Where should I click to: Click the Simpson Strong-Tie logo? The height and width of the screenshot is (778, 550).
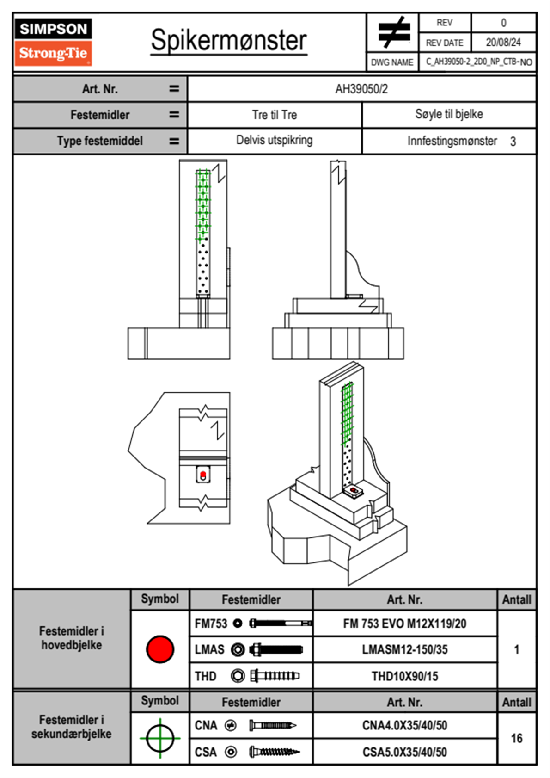tap(53, 42)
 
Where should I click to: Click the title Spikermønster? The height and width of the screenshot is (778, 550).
tap(228, 40)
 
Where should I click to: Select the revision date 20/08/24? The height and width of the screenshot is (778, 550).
tap(503, 43)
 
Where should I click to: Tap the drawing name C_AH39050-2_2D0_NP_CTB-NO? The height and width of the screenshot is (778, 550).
tap(478, 62)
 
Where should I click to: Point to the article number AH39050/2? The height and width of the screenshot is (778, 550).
tap(361, 89)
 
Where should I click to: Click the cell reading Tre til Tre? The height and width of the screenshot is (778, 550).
tap(275, 115)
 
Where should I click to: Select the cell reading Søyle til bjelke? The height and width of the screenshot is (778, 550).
tap(449, 114)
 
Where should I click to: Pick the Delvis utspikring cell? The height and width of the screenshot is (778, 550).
tap(275, 140)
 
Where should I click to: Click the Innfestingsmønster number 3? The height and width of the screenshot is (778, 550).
tap(513, 142)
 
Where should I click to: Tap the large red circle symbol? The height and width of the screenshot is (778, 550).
tap(160, 649)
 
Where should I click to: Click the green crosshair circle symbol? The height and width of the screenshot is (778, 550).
tap(160, 738)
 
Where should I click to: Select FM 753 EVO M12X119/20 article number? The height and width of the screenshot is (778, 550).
tap(404, 624)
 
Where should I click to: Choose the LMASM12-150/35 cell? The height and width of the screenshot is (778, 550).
tap(404, 649)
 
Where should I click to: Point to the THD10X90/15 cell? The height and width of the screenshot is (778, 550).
tap(404, 676)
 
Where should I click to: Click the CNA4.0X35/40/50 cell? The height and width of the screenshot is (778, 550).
tap(404, 725)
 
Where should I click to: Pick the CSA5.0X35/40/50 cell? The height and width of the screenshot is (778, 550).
tap(404, 752)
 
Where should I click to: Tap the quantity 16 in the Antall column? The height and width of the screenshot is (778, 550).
tap(516, 738)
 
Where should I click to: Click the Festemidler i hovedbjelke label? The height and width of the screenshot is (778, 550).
tap(72, 638)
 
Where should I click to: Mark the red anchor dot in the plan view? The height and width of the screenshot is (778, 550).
tap(203, 474)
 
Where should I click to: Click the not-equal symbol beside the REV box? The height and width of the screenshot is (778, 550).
tap(393, 32)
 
